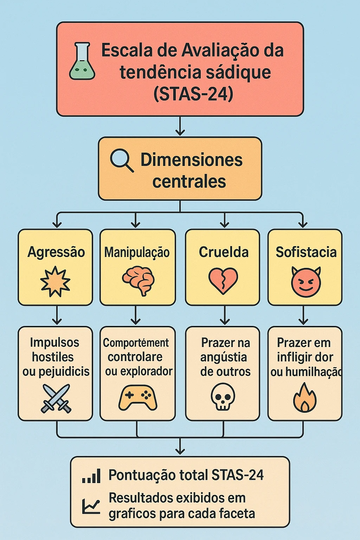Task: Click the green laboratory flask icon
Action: point(82,61)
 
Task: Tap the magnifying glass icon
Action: point(122,161)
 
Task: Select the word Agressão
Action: point(56,252)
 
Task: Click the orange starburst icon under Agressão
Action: point(55,281)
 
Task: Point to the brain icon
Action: point(139,280)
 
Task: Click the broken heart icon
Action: point(223,281)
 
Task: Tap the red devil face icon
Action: point(306,282)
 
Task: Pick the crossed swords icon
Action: point(56,398)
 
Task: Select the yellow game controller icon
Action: point(138,398)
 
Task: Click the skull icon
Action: point(223,397)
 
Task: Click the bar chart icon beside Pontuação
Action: point(91,476)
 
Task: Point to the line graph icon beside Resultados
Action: point(91,506)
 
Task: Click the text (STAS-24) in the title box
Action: point(193,94)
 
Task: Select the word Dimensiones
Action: point(192,160)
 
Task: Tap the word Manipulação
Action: point(137,252)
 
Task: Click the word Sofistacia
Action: point(306,252)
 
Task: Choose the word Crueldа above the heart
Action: point(224,252)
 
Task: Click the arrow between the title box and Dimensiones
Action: point(180,126)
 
